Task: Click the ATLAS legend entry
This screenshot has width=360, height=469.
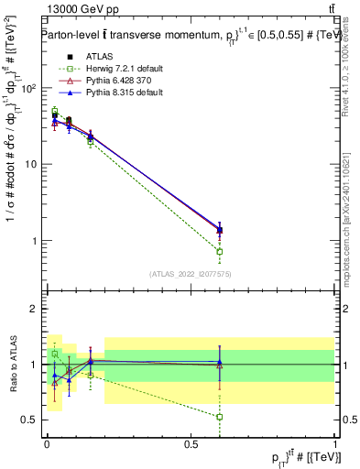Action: point(100,57)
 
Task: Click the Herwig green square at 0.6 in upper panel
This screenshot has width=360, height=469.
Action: point(219,251)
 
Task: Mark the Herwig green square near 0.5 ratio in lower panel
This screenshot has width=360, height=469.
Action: point(219,417)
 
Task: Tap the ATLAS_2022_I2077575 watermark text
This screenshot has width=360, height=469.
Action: point(190,274)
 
